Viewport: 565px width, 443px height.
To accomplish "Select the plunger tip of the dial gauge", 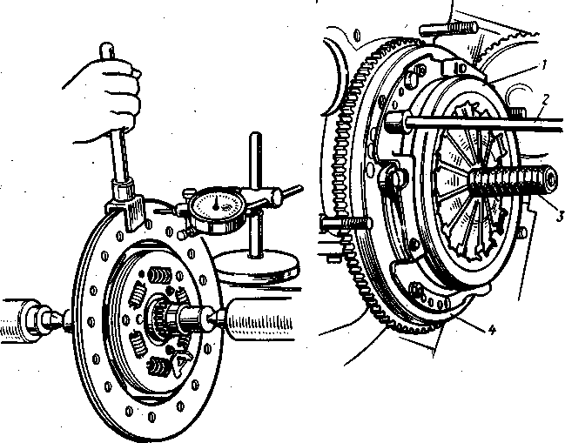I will [x=180, y=233].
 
